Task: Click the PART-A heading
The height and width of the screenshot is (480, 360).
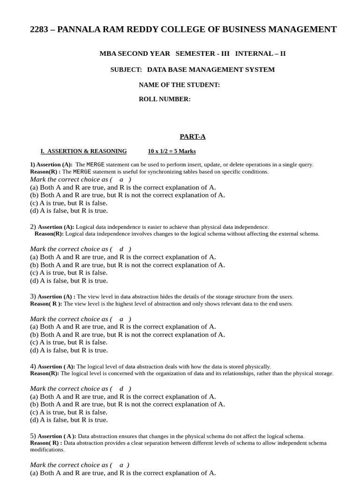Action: pos(193,136)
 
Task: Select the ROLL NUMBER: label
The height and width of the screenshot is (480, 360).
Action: pos(165,99)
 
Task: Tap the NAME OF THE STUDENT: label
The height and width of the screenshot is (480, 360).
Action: pos(179,85)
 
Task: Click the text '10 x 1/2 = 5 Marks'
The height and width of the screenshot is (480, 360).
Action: pos(172,151)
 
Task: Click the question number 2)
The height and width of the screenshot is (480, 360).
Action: pos(33,226)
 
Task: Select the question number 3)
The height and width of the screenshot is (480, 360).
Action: pos(33,296)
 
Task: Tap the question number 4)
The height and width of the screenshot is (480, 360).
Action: pos(33,366)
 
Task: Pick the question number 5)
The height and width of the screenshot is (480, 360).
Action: pos(33,436)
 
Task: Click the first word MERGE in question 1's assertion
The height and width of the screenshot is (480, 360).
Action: pos(95,165)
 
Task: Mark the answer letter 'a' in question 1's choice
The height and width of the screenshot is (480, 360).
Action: pos(121,179)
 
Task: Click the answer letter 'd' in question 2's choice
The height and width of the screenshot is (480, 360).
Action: pos(121,249)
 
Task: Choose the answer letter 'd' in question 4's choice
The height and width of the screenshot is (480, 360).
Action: pos(121,389)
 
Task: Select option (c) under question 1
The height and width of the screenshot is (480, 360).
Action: pos(68,203)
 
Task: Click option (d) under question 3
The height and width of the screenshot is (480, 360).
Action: pos(68,350)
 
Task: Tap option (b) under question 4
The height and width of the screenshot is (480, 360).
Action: pos(127,404)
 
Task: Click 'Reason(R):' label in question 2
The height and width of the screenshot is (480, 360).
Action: pos(49,233)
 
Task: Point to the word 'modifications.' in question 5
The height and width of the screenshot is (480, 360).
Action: pos(47,450)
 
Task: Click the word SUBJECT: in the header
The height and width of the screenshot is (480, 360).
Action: pos(126,69)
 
